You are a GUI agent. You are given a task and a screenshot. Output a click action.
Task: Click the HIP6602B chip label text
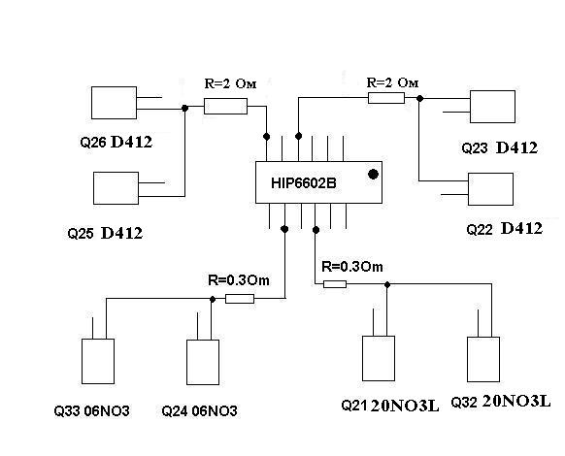[x=304, y=183]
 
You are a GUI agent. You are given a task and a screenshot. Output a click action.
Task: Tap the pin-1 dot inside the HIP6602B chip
[x=374, y=175]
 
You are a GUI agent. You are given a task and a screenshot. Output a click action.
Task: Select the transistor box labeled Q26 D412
[x=114, y=103]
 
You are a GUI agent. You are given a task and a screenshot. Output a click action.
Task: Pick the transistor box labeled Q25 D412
[x=116, y=188]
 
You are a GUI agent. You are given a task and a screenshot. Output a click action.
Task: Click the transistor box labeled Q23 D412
[x=492, y=107]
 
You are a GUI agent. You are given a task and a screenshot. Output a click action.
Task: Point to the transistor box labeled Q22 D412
[x=490, y=189]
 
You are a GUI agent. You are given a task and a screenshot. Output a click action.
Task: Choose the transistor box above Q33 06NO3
[x=98, y=361]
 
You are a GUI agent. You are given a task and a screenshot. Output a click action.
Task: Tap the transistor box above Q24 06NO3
[x=203, y=362]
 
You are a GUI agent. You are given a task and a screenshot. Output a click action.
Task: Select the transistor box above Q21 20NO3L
[x=379, y=358]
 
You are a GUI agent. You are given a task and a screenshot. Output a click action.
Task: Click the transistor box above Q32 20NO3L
[x=483, y=359]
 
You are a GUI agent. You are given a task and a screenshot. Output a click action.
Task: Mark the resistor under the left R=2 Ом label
[x=225, y=107]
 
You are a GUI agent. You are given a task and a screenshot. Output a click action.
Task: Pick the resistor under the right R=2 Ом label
[x=386, y=98]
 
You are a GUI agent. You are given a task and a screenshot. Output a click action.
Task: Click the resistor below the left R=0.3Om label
[x=240, y=299]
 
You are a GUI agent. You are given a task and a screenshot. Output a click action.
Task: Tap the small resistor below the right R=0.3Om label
[x=335, y=284]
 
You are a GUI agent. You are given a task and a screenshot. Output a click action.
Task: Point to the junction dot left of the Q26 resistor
[x=184, y=108]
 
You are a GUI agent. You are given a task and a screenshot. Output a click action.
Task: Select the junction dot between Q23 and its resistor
[x=419, y=98]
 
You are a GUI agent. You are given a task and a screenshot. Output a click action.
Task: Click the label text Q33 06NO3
[x=91, y=411]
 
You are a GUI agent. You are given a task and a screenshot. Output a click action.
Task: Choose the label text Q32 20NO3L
[x=501, y=402]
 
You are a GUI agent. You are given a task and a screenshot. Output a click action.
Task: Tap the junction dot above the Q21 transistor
[x=387, y=284]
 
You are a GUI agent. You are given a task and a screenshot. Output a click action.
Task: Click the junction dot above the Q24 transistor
[x=213, y=300]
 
